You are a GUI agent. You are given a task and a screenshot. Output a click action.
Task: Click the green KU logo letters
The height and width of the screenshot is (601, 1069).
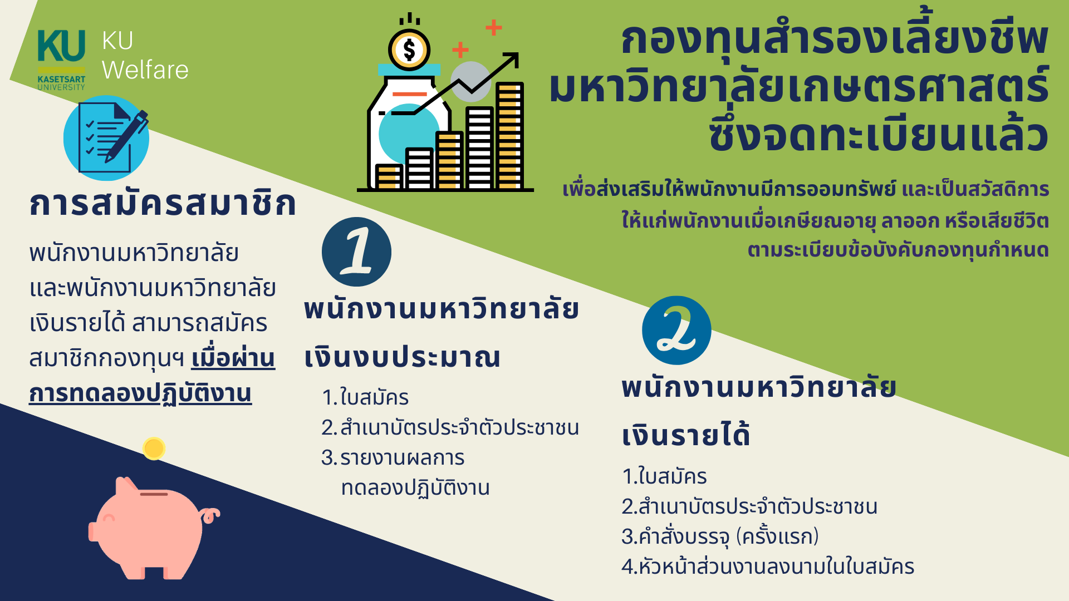61,46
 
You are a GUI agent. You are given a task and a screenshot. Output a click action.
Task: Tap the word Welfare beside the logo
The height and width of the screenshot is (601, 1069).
145,70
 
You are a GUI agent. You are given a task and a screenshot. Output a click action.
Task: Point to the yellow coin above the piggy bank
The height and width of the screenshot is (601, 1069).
154,448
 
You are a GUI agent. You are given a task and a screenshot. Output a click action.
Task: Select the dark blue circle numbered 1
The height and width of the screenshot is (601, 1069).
356,252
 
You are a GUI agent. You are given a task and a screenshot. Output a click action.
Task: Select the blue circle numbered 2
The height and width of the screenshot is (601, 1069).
676,330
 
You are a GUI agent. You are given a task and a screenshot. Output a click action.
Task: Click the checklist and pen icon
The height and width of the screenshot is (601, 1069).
106,138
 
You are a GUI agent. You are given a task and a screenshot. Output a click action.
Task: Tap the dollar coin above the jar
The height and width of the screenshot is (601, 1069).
409,50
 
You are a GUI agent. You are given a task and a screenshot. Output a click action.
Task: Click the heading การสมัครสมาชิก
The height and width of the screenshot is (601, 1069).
163,204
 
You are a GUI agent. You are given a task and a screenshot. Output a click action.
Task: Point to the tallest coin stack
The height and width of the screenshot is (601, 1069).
509,136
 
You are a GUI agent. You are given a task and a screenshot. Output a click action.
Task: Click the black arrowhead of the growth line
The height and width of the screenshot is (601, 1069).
512,60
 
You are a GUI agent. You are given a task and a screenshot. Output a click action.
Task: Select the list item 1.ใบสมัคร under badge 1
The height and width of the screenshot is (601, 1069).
365,398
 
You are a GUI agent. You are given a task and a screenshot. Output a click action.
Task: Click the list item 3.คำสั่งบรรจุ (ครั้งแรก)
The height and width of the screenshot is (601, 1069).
720,537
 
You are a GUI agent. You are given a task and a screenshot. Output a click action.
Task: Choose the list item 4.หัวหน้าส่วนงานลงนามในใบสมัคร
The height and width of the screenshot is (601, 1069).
768,567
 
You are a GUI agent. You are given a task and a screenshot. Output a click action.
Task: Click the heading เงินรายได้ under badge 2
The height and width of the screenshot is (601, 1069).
686,435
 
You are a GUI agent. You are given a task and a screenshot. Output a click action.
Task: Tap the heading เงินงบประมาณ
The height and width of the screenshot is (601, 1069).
402,357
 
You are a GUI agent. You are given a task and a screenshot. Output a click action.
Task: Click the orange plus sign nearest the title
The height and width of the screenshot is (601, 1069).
494,27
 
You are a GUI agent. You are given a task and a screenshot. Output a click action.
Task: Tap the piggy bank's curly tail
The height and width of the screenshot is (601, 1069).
211,515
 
